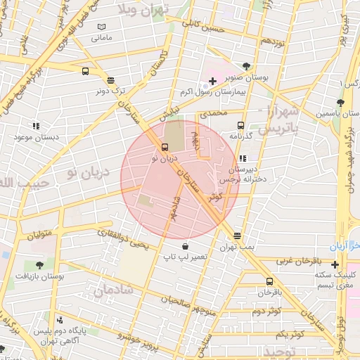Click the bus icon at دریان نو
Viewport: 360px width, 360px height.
[x=165, y=148]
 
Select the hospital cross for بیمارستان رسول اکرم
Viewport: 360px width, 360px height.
[x=212, y=82]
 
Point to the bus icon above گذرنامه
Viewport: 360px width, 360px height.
[x=240, y=125]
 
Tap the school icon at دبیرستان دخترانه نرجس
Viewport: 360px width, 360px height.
[x=243, y=159]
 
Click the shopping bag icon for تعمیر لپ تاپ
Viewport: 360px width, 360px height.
[x=184, y=247]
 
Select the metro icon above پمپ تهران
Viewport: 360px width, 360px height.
[x=237, y=236]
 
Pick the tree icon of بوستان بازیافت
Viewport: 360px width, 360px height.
[x=39, y=266]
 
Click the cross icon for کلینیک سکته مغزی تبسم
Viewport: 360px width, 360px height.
[x=335, y=264]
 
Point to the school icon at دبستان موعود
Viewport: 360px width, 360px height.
[x=35, y=126]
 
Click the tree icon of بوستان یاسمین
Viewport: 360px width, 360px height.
[x=340, y=103]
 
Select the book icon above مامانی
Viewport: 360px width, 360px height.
[x=102, y=27]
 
